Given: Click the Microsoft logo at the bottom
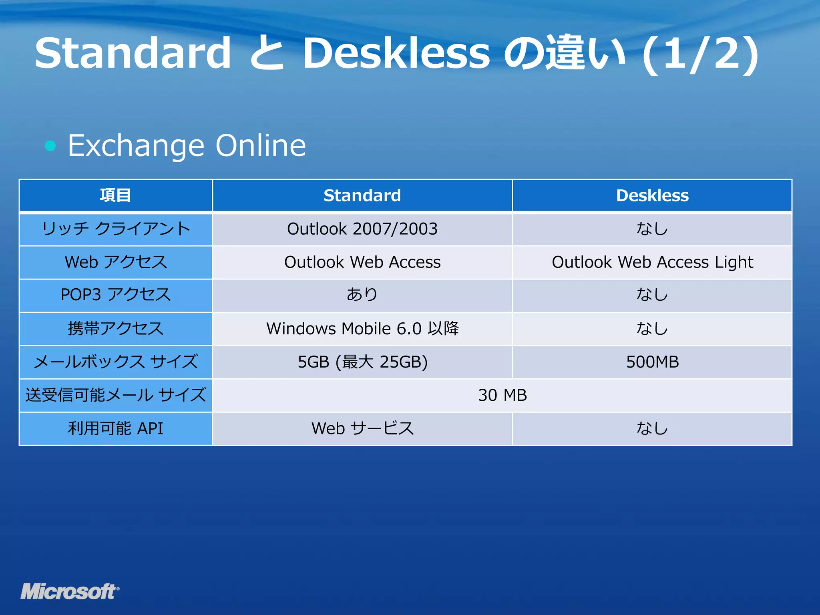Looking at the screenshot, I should [x=70, y=591].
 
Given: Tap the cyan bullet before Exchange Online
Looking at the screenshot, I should [x=50, y=146].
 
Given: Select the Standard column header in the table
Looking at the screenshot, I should [x=362, y=195].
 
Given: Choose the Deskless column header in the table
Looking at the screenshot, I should [x=652, y=195].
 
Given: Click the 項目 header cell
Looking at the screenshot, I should [x=115, y=195].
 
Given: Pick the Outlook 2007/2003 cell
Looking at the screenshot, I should [x=362, y=229].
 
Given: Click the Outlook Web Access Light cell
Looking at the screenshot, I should [x=652, y=262].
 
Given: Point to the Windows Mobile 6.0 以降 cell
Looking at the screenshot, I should [x=362, y=329].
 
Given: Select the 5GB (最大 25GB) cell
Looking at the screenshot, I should [x=362, y=362].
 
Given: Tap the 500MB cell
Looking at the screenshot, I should [x=652, y=362].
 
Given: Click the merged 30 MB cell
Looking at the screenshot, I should [x=502, y=395].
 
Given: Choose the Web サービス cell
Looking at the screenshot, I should [x=362, y=428].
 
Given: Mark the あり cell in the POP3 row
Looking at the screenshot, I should [x=362, y=295].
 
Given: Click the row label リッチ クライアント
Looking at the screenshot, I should [x=115, y=229].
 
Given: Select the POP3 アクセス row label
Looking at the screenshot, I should [x=115, y=295].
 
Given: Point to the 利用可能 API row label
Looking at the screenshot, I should [x=115, y=428].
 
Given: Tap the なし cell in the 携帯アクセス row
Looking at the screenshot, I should [x=652, y=329].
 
